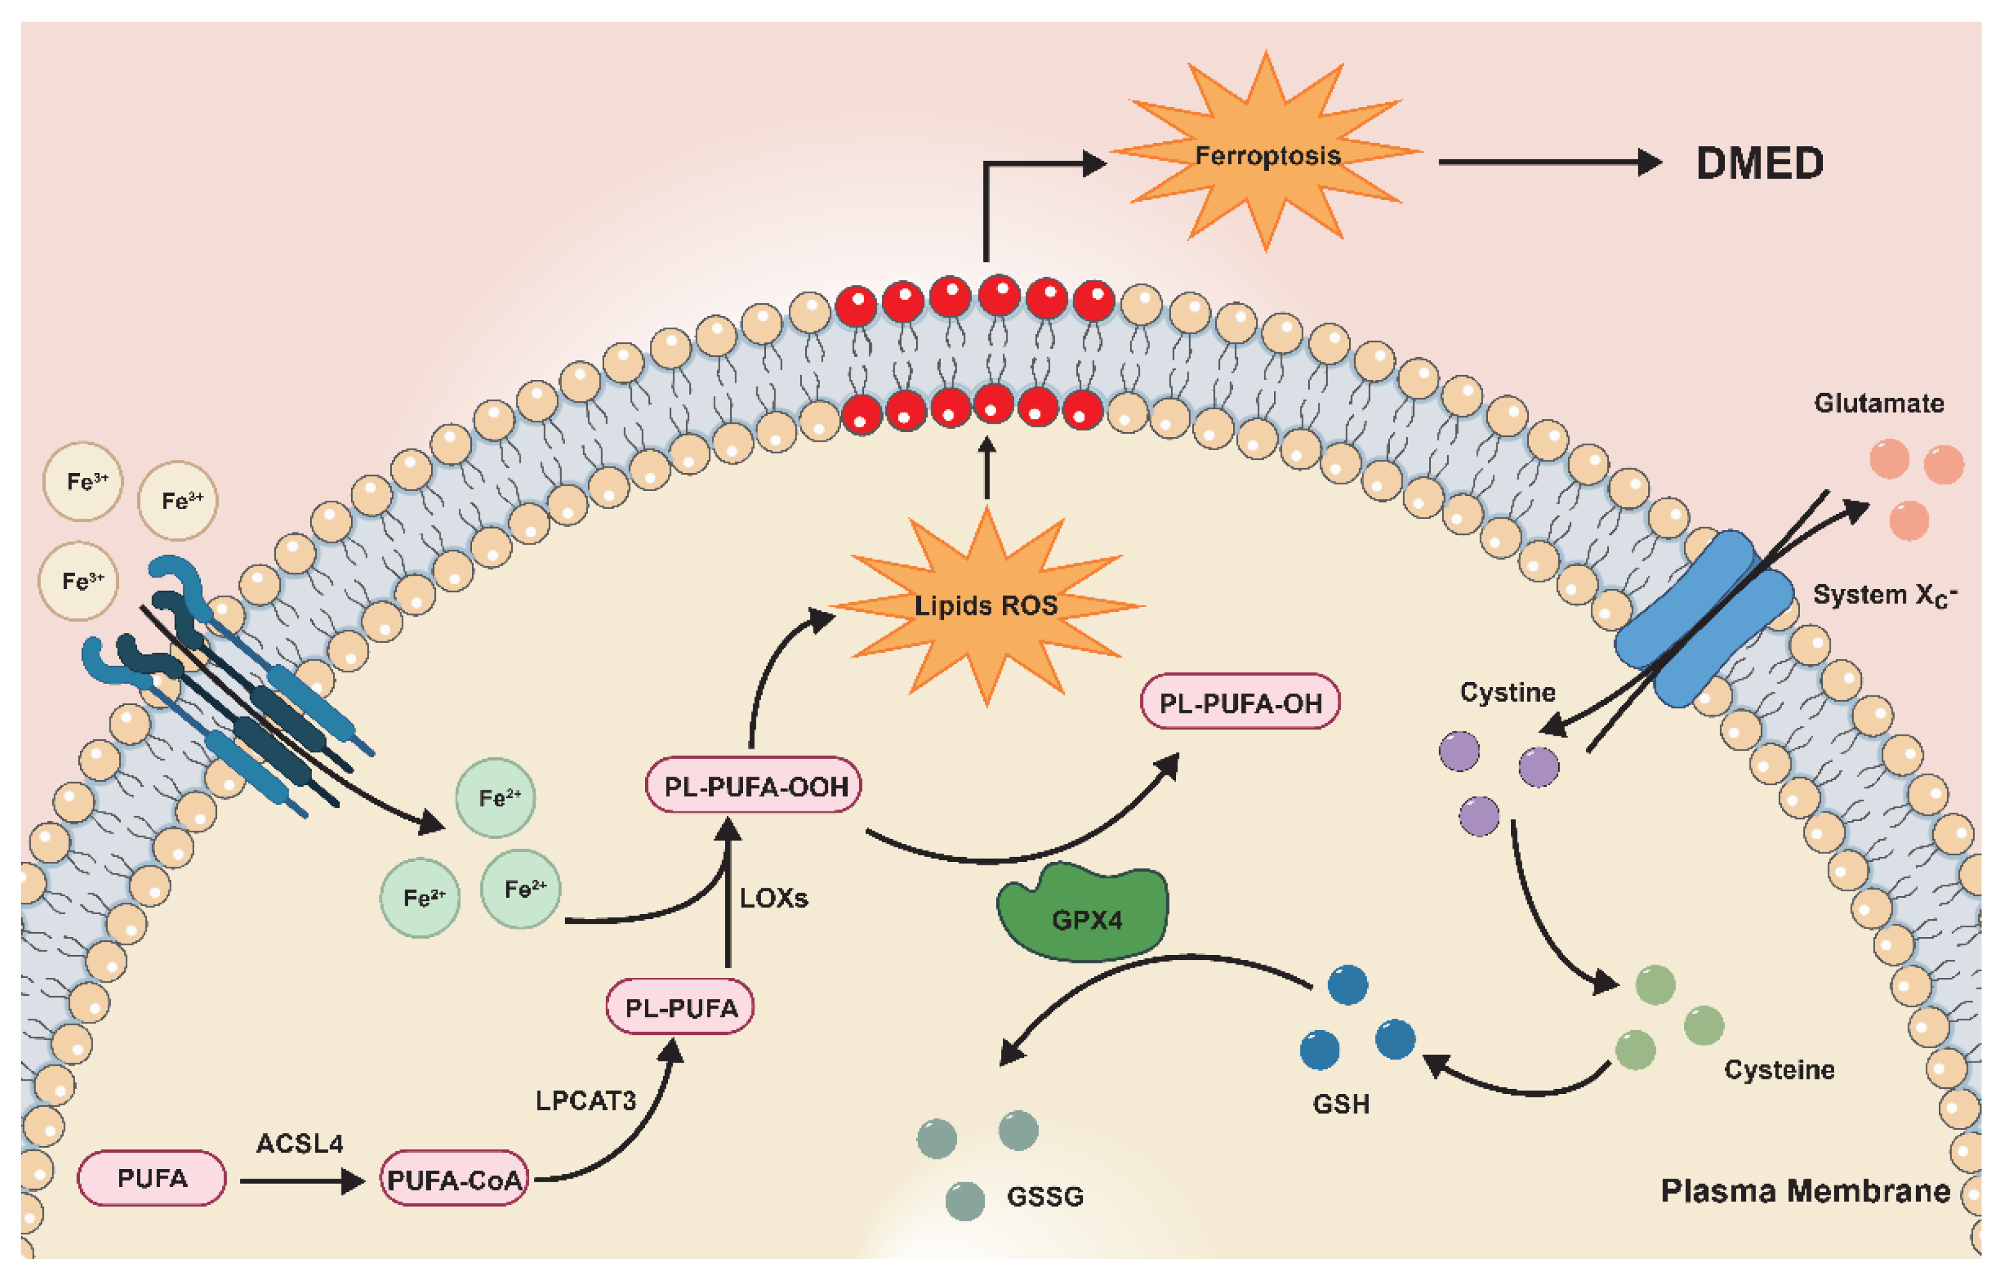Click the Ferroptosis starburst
pos(1267,154)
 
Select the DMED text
pos(1759,163)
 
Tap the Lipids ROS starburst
pos(986,606)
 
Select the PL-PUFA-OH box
pos(1240,703)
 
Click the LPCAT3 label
pos(586,1100)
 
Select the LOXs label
pos(774,898)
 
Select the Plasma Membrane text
pos(1805,1191)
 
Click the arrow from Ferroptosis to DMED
pos(1549,162)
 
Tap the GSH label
pos(1341,1104)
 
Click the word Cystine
pos(1507,692)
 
